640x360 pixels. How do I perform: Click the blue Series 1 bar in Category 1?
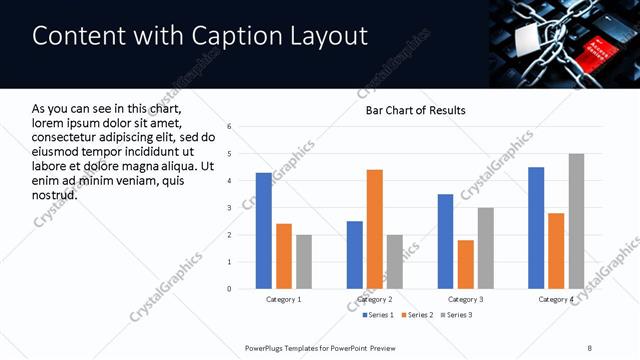[x=263, y=231]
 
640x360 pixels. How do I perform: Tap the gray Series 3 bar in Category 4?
[x=576, y=221]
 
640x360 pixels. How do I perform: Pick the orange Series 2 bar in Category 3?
[x=465, y=264]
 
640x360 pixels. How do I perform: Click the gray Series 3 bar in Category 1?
[x=303, y=262]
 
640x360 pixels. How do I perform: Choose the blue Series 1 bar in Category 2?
[x=354, y=255]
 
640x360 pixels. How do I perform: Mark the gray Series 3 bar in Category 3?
[x=485, y=248]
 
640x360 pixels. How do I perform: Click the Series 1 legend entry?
[x=377, y=316]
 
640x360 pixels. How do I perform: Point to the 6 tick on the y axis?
[x=230, y=127]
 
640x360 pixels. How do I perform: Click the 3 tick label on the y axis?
[x=230, y=208]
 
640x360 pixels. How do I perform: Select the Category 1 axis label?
[x=283, y=300]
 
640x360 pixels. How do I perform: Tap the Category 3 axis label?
[x=465, y=300]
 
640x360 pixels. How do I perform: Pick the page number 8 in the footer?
[x=589, y=347]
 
